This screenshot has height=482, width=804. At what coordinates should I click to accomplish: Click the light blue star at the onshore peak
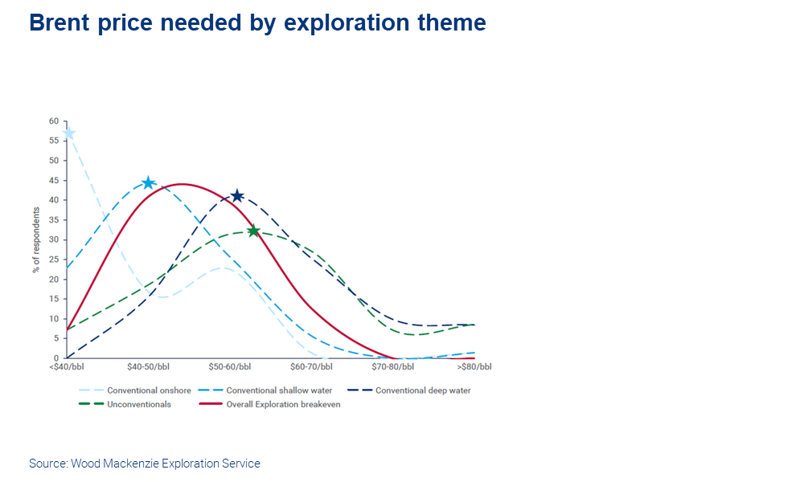tap(68, 133)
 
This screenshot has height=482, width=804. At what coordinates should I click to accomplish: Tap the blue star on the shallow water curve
tap(148, 183)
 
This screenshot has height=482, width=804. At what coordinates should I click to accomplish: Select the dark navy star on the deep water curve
tap(237, 196)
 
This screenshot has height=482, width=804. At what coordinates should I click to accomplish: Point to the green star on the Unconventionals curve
tap(253, 231)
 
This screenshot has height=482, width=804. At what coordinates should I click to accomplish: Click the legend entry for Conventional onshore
tap(135, 390)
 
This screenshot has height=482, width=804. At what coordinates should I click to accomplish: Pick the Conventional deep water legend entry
tap(409, 390)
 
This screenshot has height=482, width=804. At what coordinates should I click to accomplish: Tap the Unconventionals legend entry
tap(125, 404)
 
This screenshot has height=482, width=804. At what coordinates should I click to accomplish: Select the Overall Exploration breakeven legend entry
tap(269, 404)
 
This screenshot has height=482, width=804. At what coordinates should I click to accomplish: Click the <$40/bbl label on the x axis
tap(67, 367)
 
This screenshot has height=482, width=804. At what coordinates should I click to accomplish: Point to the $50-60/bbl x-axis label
tap(230, 367)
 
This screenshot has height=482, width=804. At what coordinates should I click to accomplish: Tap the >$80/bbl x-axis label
tap(474, 367)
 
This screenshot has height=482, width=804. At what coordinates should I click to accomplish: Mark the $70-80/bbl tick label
tap(393, 367)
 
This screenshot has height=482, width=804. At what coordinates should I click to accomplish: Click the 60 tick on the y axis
tap(54, 120)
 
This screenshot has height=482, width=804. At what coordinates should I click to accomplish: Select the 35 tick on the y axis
tap(54, 220)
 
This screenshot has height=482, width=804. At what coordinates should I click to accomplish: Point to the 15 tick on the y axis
tap(54, 299)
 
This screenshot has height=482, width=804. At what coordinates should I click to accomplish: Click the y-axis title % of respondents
tap(36, 239)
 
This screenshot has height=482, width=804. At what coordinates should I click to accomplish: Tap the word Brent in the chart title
tap(59, 22)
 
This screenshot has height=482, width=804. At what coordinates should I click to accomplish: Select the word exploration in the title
tap(347, 23)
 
